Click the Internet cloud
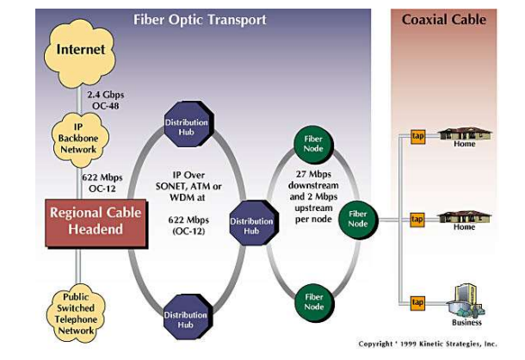(80, 53)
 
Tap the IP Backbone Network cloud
(80, 140)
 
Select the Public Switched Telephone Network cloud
(77, 313)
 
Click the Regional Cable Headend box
(96, 224)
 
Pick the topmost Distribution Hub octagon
(188, 125)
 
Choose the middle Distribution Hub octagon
(254, 223)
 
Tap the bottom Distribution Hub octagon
(188, 317)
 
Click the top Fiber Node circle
(314, 144)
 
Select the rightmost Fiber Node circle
(359, 220)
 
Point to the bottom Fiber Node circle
(314, 302)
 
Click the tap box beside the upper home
(418, 136)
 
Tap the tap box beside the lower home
(417, 220)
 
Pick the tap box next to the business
(417, 302)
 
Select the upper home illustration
(465, 134)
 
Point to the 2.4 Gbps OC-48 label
(106, 100)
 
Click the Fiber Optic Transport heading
(200, 20)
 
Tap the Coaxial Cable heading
(444, 20)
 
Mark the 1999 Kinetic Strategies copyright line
(428, 344)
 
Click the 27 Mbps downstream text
(313, 180)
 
